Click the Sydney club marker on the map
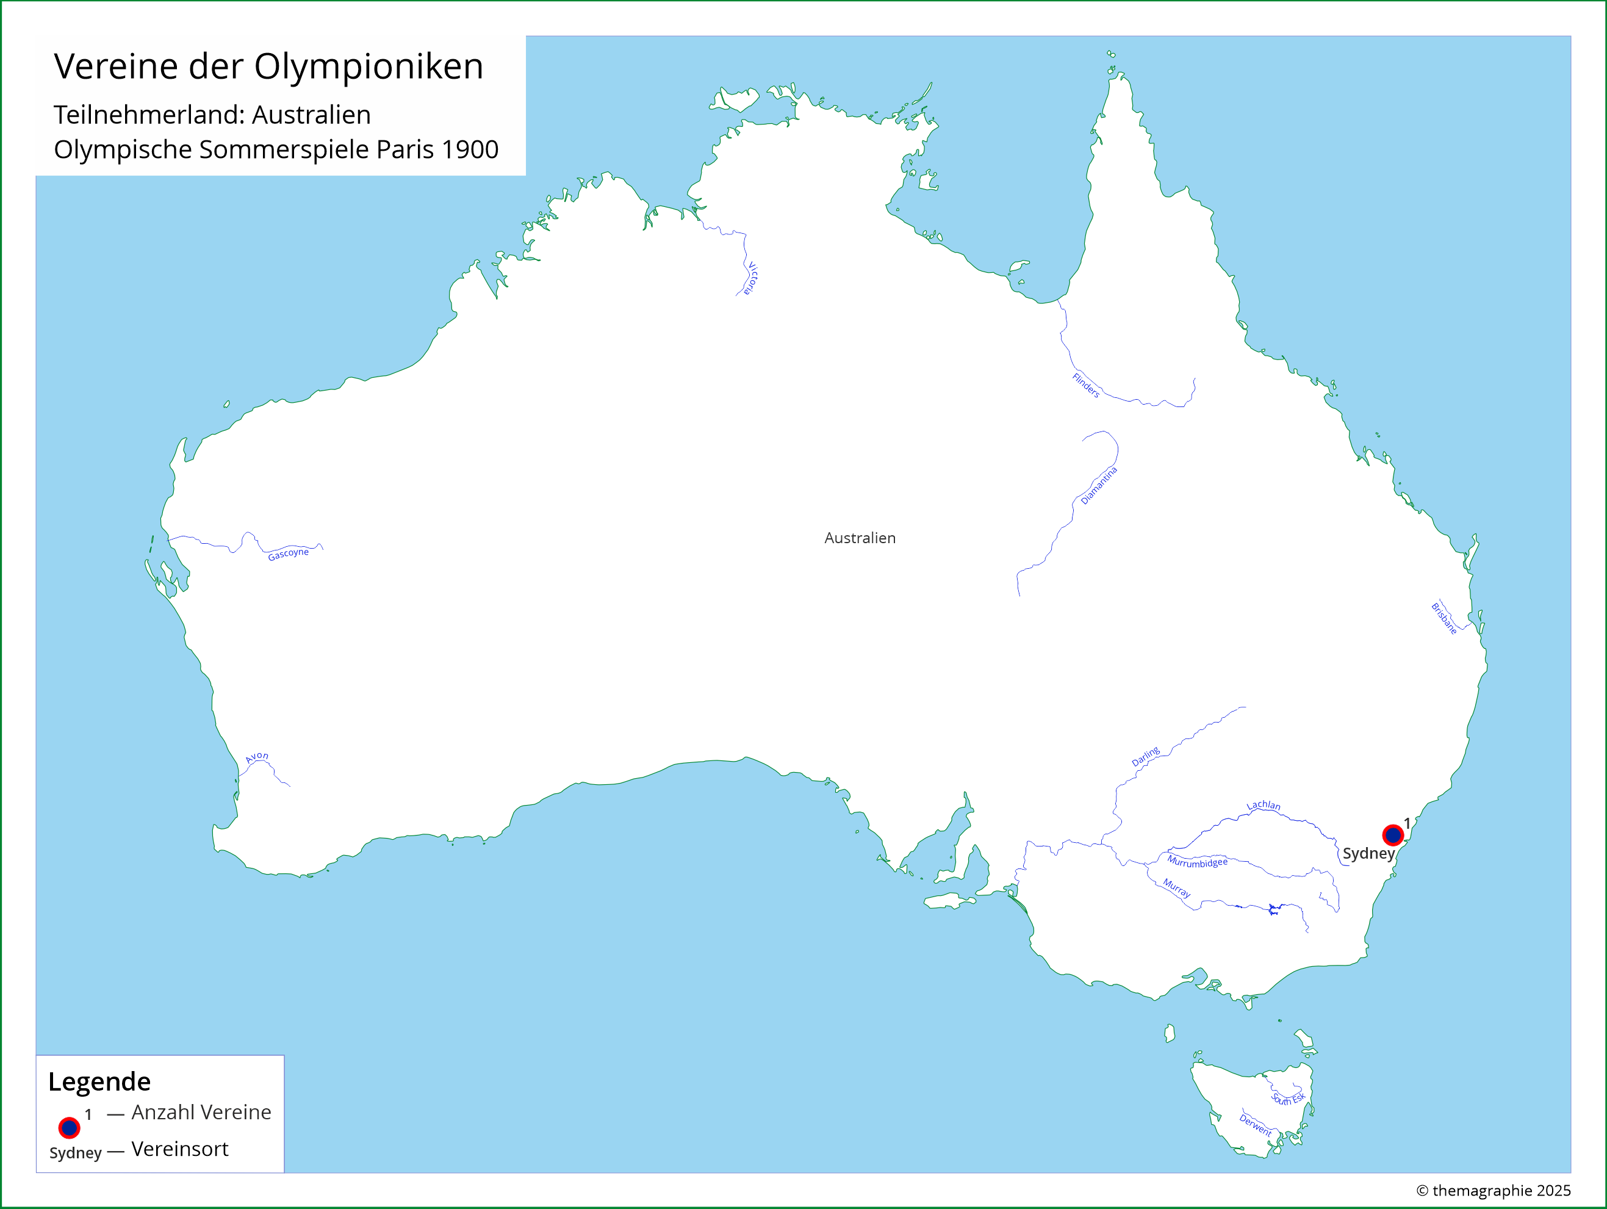click(1393, 835)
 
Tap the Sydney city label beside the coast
click(1368, 853)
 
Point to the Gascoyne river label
click(289, 554)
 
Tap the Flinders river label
click(1086, 385)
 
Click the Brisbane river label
click(1444, 618)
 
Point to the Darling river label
click(1146, 756)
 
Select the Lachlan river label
click(1264, 805)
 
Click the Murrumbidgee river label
click(1197, 862)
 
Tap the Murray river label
click(1177, 887)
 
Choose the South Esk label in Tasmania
click(1288, 1099)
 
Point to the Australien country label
click(860, 538)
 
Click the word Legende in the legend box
click(99, 1081)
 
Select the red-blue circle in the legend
click(69, 1128)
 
